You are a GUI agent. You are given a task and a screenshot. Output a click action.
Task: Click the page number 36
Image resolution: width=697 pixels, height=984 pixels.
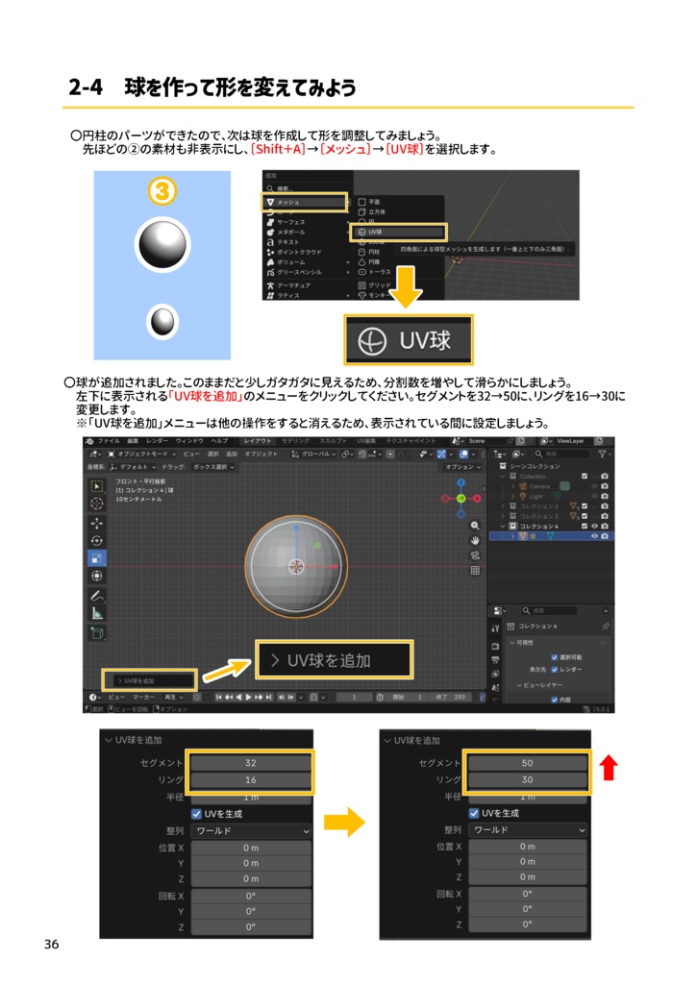click(51, 945)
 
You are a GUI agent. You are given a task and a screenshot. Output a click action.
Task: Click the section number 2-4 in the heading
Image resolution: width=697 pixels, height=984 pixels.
click(86, 87)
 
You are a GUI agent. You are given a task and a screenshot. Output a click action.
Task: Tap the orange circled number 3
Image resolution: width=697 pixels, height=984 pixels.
click(162, 192)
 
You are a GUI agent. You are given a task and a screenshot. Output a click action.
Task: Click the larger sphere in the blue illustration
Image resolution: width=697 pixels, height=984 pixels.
click(162, 245)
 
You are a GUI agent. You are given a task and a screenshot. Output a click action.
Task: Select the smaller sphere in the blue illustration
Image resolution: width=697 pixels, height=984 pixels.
click(162, 321)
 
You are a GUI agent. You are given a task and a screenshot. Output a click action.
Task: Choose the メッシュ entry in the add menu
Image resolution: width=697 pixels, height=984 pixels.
click(304, 203)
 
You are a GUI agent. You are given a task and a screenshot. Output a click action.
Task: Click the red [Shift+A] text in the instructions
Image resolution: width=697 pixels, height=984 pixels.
click(277, 150)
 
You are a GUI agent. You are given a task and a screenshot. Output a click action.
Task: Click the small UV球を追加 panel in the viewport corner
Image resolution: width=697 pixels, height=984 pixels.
click(149, 680)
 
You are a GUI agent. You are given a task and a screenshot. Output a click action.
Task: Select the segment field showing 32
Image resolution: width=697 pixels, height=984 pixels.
click(250, 763)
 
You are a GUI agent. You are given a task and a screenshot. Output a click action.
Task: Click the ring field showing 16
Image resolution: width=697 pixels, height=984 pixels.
click(250, 779)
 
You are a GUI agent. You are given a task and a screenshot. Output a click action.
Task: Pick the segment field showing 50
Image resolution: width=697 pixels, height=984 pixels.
click(527, 763)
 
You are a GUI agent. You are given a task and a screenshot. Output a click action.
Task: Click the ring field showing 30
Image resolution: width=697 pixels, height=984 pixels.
click(527, 779)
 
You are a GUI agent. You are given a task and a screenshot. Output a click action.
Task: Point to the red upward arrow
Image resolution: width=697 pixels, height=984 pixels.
click(608, 767)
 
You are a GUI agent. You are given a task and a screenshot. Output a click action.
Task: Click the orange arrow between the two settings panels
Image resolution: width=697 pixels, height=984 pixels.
click(344, 822)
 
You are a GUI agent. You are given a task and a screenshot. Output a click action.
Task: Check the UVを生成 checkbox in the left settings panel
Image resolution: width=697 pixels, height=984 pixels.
click(197, 814)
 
